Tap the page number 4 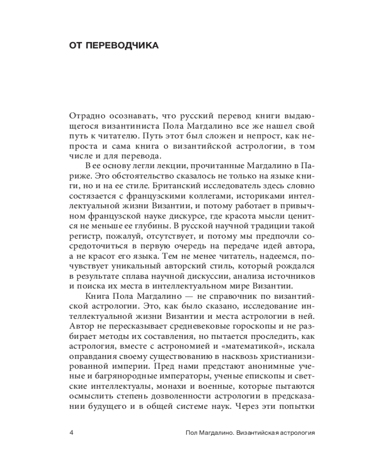click(x=71, y=432)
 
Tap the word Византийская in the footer click(x=256, y=432)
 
